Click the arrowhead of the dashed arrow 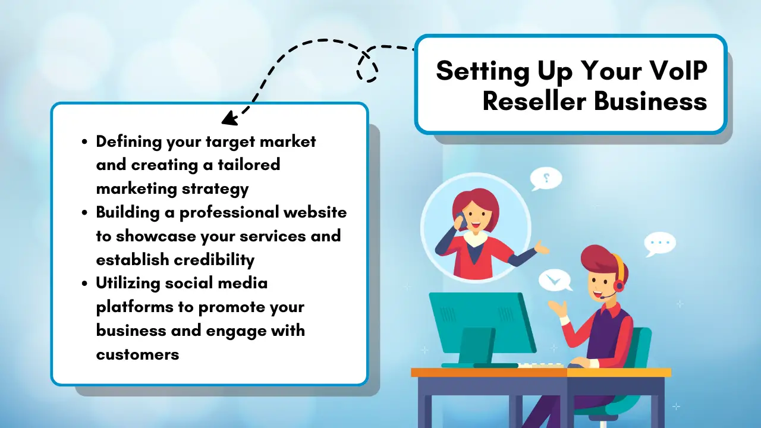(228, 119)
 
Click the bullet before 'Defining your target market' (84, 141)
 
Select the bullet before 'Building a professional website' (84, 212)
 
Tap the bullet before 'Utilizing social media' (84, 284)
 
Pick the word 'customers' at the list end (137, 354)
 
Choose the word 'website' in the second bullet (313, 212)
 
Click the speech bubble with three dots (660, 243)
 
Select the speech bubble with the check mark (555, 279)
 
